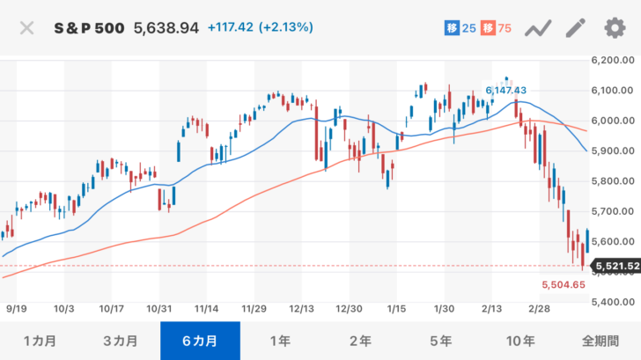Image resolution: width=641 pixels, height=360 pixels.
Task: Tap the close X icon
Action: tap(27, 28)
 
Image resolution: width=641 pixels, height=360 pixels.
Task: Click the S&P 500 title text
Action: tap(91, 28)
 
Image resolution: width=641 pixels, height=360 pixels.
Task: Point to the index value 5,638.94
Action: tap(166, 28)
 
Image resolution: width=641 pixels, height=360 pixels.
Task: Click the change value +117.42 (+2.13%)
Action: tap(260, 28)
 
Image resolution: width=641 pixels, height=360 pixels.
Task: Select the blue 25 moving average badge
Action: tap(460, 28)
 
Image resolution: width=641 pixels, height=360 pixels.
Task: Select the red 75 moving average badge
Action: tap(497, 28)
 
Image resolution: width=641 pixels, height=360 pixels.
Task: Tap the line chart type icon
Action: tap(538, 28)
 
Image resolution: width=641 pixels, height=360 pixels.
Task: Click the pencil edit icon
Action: tap(576, 28)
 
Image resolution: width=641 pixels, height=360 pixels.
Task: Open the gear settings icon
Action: tap(614, 28)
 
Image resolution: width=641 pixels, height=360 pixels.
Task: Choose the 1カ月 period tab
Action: tap(40, 341)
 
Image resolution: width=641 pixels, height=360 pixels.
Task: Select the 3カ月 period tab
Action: tap(120, 341)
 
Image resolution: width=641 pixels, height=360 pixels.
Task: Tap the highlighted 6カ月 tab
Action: tap(200, 341)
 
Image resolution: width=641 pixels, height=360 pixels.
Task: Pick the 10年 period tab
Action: tap(520, 341)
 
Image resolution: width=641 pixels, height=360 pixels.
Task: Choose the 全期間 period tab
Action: tap(600, 341)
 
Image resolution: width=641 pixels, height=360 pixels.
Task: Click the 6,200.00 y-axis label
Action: tap(613, 60)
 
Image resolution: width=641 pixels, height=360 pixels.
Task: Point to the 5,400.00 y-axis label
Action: tap(613, 302)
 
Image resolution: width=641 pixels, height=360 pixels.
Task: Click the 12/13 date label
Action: tap(302, 310)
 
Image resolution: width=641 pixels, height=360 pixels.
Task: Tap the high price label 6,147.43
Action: tap(505, 90)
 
